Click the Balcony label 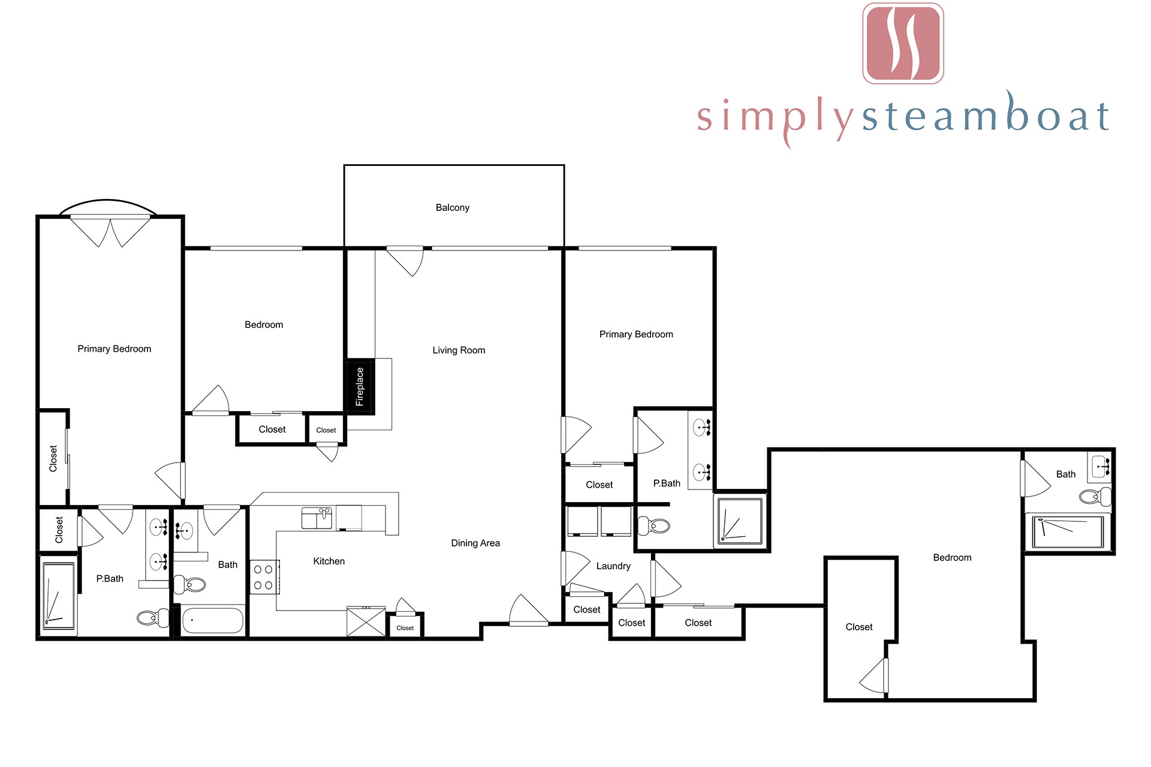[453, 208]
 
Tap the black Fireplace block [360, 386]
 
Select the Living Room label [459, 351]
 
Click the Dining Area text [475, 543]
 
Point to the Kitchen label [329, 561]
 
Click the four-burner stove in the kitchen [264, 576]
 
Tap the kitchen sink [317, 518]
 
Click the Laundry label [613, 566]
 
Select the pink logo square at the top [903, 43]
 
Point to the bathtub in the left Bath [212, 621]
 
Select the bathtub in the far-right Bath [1068, 533]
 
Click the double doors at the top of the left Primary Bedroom [110, 231]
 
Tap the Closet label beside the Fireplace [326, 430]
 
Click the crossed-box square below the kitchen [366, 622]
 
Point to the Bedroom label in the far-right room [952, 558]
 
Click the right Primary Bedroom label [636, 334]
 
